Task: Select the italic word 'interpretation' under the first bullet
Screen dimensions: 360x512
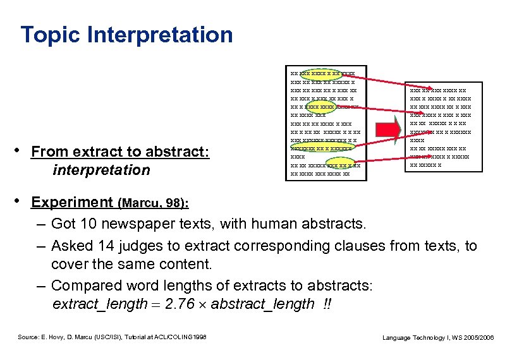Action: (102, 170)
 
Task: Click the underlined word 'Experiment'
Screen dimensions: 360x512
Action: (71, 202)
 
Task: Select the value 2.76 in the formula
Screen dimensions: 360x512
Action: (180, 304)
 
